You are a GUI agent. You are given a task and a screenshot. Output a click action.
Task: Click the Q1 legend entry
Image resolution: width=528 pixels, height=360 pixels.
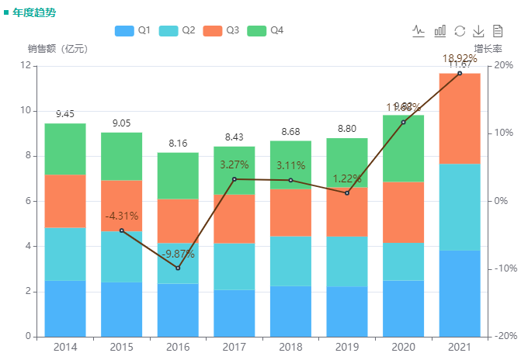tap(132, 30)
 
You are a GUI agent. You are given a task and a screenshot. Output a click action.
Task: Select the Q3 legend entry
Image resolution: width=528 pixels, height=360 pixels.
tap(221, 30)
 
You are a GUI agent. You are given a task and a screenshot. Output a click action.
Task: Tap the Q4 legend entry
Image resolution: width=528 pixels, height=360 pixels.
tap(265, 30)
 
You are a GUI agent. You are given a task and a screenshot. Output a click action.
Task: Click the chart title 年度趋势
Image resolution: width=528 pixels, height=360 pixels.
tap(34, 12)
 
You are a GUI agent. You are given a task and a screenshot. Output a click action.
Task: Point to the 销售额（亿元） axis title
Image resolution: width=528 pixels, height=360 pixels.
tap(57, 48)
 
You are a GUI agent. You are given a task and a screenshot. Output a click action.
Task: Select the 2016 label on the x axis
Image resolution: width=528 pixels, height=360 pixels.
tap(178, 347)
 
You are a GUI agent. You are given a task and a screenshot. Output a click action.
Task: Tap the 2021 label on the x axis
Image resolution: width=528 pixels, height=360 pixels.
tap(460, 347)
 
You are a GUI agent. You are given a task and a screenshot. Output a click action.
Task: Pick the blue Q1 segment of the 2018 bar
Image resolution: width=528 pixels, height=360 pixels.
tap(290, 311)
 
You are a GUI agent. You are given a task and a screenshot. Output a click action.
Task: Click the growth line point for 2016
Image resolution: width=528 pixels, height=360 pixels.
tap(178, 268)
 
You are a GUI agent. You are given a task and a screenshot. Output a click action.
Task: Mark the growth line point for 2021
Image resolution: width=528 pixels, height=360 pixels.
tap(460, 73)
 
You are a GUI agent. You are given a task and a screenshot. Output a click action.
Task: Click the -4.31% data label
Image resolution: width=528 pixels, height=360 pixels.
tap(121, 216)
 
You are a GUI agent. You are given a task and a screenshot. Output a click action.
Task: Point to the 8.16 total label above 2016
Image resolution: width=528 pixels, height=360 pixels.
tap(178, 143)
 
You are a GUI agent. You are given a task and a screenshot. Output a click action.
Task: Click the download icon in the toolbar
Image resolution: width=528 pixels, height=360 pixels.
tap(478, 31)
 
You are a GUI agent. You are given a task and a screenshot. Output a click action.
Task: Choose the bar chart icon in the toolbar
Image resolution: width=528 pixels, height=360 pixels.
tap(439, 31)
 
